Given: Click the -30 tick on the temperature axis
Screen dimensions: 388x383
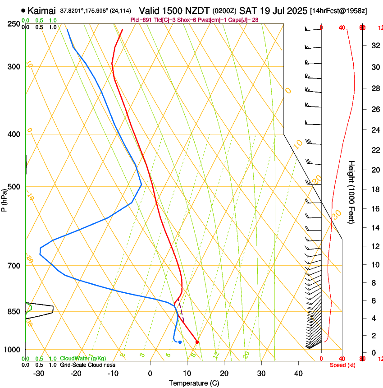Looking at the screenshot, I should (x=39, y=373).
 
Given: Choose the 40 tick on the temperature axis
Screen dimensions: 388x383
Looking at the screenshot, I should (x=298, y=373).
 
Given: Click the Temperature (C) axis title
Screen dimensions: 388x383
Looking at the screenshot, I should (x=194, y=383).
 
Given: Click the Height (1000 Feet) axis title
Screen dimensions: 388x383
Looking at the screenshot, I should (x=352, y=192).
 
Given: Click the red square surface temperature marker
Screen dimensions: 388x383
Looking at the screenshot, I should (x=197, y=342).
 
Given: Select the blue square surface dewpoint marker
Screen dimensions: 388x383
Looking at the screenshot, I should (x=180, y=342).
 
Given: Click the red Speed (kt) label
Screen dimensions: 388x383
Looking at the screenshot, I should (x=342, y=365).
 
